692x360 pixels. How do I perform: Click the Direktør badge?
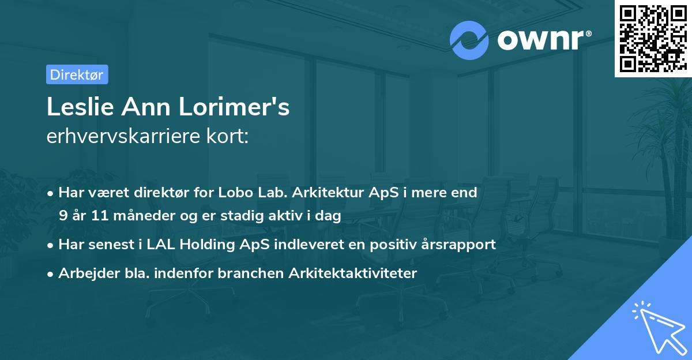(77, 74)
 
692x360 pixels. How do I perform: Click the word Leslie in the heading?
(73, 107)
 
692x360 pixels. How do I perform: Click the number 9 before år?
(63, 216)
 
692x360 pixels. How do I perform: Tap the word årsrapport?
(460, 245)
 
